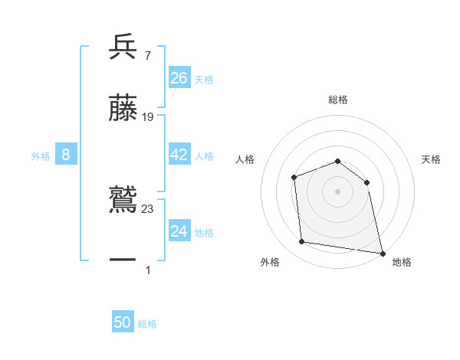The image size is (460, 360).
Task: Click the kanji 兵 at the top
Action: coord(123,47)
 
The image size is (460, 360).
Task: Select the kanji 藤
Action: coord(123,109)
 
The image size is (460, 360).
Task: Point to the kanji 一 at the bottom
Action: coord(123,260)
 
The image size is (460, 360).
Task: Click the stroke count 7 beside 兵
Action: coord(147,55)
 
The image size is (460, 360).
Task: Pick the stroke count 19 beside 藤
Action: coord(148,116)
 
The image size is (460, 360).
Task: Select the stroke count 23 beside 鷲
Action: coord(148,208)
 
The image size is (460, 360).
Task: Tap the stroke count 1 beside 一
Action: coord(147,270)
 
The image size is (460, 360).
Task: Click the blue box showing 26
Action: coord(179,77)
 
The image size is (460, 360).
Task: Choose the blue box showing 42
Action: coord(179,155)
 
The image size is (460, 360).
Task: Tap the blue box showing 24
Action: coord(179,231)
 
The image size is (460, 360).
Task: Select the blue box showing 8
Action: coord(66,155)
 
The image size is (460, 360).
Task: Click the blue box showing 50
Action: coord(123,322)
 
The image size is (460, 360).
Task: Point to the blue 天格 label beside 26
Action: coord(204,80)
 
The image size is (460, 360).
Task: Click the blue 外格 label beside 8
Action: coord(41,156)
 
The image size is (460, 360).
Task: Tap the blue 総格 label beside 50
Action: coord(147,324)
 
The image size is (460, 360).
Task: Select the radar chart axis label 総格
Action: coord(338,100)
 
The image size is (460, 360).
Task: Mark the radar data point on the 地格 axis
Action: coord(382,252)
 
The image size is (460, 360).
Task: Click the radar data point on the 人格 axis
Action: coord(294,178)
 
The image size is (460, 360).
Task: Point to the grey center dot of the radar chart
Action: coord(338,191)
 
